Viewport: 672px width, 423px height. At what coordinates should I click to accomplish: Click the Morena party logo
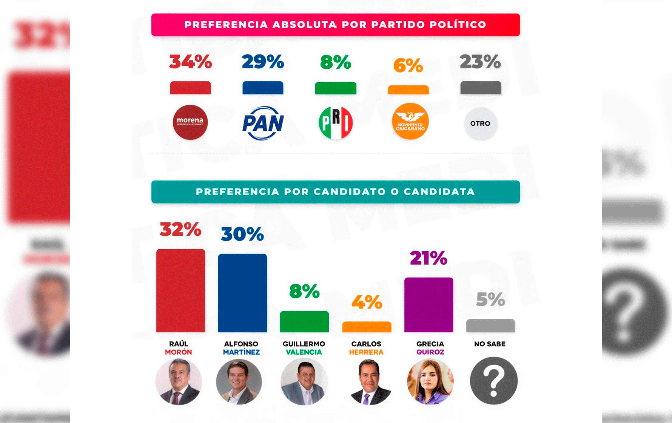tap(190, 122)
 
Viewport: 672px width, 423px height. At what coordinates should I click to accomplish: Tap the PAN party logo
tap(263, 123)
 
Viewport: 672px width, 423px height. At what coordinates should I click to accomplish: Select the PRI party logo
tap(336, 123)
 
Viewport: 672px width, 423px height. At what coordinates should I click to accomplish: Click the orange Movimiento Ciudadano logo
tap(410, 122)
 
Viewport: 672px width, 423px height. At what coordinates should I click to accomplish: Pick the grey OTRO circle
tap(480, 124)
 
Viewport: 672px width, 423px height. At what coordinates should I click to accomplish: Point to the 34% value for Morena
tap(190, 62)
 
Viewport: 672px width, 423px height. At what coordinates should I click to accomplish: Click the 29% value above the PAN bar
tap(263, 62)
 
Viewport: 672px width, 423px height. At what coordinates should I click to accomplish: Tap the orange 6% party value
tap(408, 66)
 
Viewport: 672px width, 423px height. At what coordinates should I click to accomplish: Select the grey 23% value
tap(480, 62)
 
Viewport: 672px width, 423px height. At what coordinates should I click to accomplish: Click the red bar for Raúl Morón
tap(180, 290)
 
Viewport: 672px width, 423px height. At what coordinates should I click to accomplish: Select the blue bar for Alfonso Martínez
tap(242, 293)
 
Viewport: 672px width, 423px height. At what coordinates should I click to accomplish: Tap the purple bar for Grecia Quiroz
tap(428, 305)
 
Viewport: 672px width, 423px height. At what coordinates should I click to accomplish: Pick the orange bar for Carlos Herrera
tap(367, 327)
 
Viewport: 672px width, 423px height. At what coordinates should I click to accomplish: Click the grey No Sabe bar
tap(490, 326)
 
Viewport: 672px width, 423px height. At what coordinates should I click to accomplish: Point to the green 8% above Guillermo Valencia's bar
tap(304, 291)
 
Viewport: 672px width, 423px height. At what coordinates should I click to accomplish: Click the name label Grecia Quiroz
tap(430, 348)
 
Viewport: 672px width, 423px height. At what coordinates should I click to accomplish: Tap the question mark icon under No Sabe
tap(493, 381)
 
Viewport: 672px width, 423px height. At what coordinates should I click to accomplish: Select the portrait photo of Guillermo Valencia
tap(304, 381)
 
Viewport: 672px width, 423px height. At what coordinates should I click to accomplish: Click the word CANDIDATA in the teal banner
tap(439, 192)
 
